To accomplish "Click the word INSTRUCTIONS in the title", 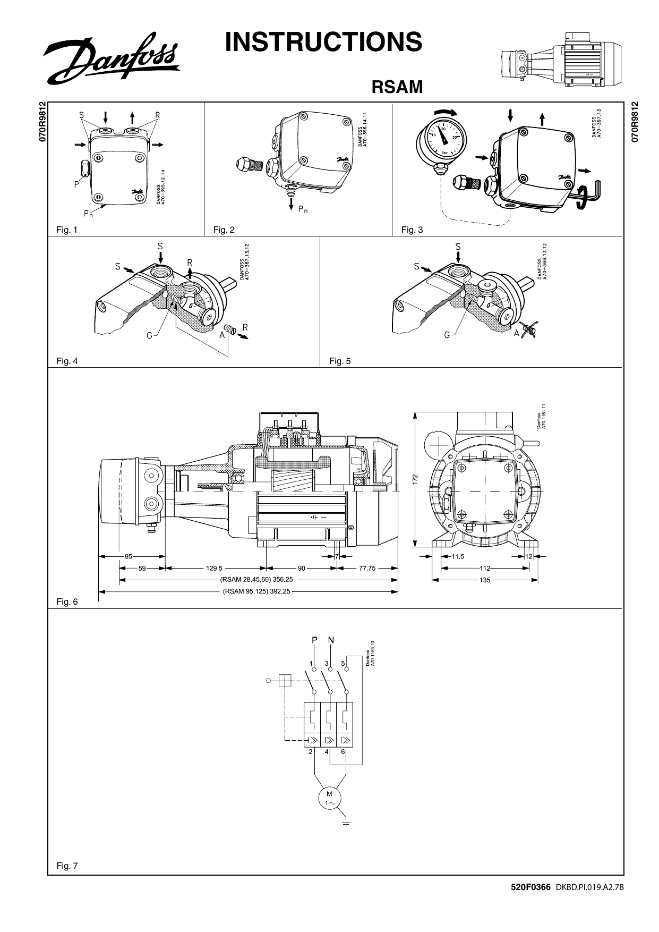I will (x=323, y=42).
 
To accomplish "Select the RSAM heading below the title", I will (x=397, y=87).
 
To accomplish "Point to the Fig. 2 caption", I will (x=224, y=230).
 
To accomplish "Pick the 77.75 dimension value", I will (x=367, y=568).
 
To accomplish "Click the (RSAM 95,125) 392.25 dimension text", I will (x=256, y=590).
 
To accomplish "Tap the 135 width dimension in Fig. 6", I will (x=484, y=580).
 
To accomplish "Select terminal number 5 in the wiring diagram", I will (x=343, y=664).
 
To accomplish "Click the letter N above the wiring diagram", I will (x=331, y=640).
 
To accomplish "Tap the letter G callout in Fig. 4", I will (x=149, y=335).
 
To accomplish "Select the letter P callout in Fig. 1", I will (x=76, y=185).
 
